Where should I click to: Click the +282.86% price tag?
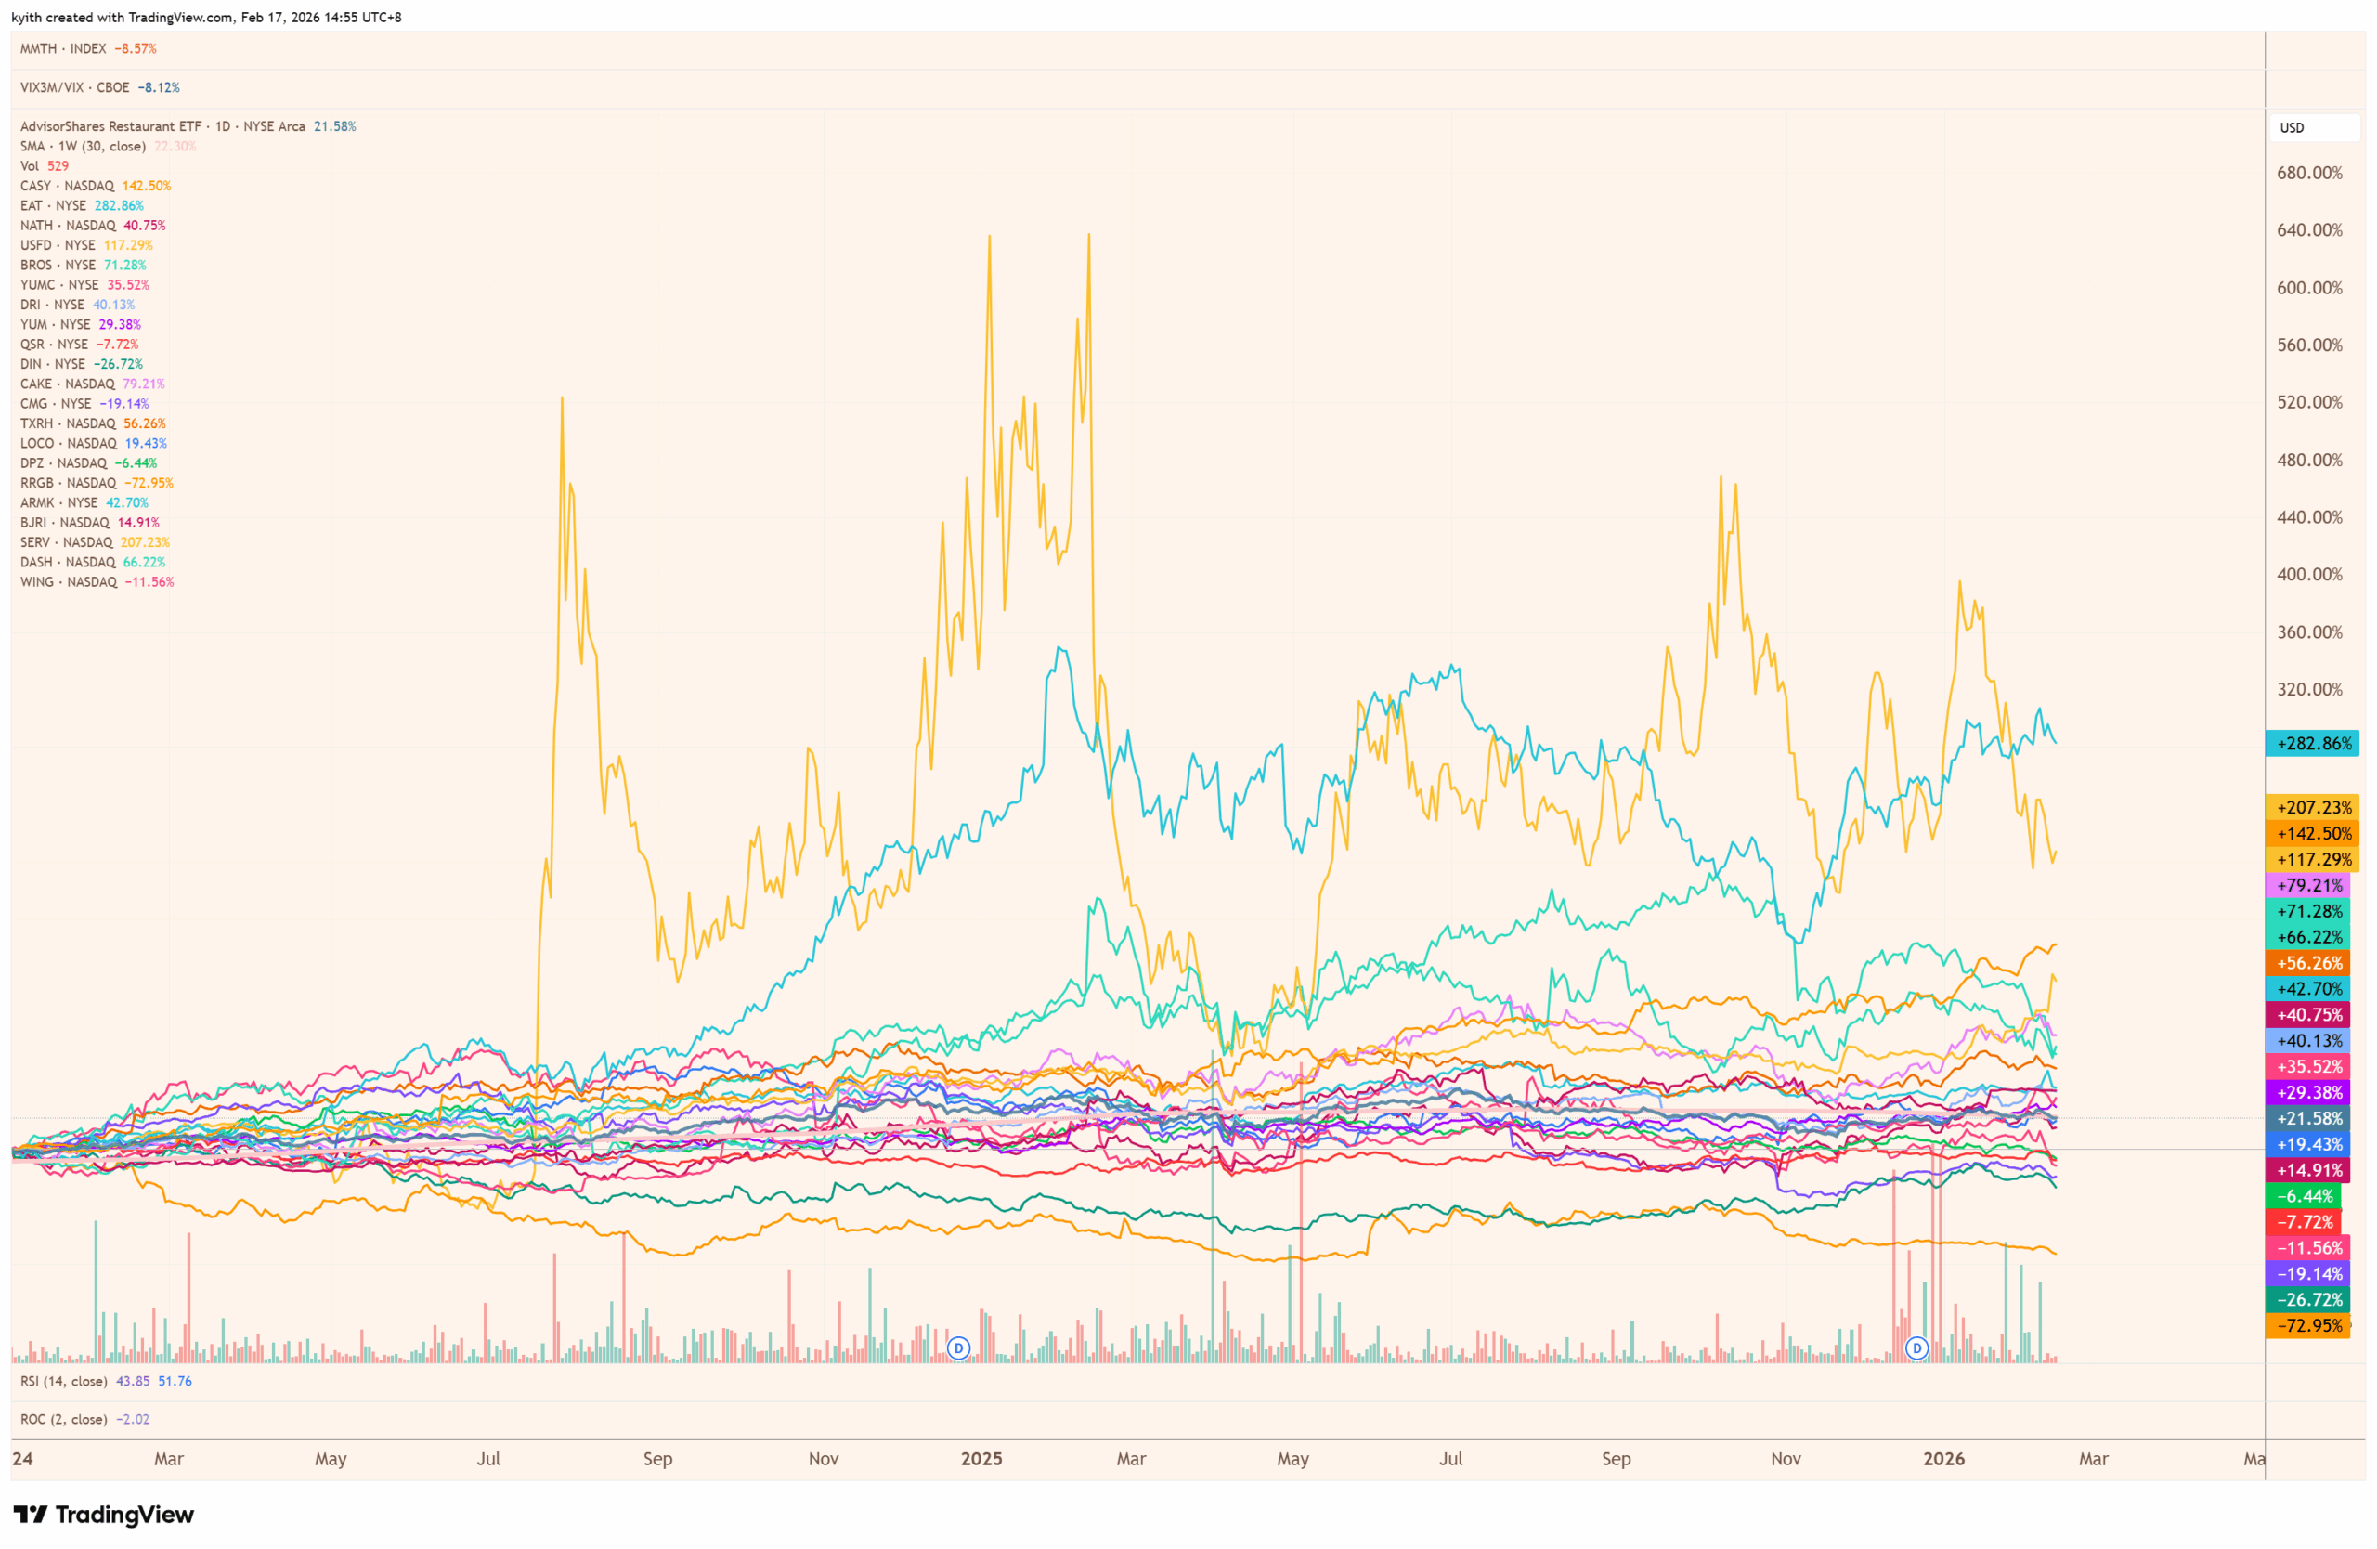(x=2311, y=743)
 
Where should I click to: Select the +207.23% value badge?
(x=2311, y=807)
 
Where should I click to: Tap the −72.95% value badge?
(x=2309, y=1325)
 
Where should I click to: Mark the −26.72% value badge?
(x=2309, y=1299)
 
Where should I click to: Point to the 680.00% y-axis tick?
(x=2309, y=173)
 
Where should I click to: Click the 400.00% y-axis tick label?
(x=2309, y=574)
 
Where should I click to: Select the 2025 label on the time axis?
(x=981, y=1459)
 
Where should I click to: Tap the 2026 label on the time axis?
(x=1943, y=1459)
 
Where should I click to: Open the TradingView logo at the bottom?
(x=104, y=1515)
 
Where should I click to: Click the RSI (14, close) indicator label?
(x=64, y=1381)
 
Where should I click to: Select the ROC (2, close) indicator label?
(x=64, y=1419)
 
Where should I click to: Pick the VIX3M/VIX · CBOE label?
(x=75, y=88)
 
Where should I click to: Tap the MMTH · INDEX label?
(x=63, y=49)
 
